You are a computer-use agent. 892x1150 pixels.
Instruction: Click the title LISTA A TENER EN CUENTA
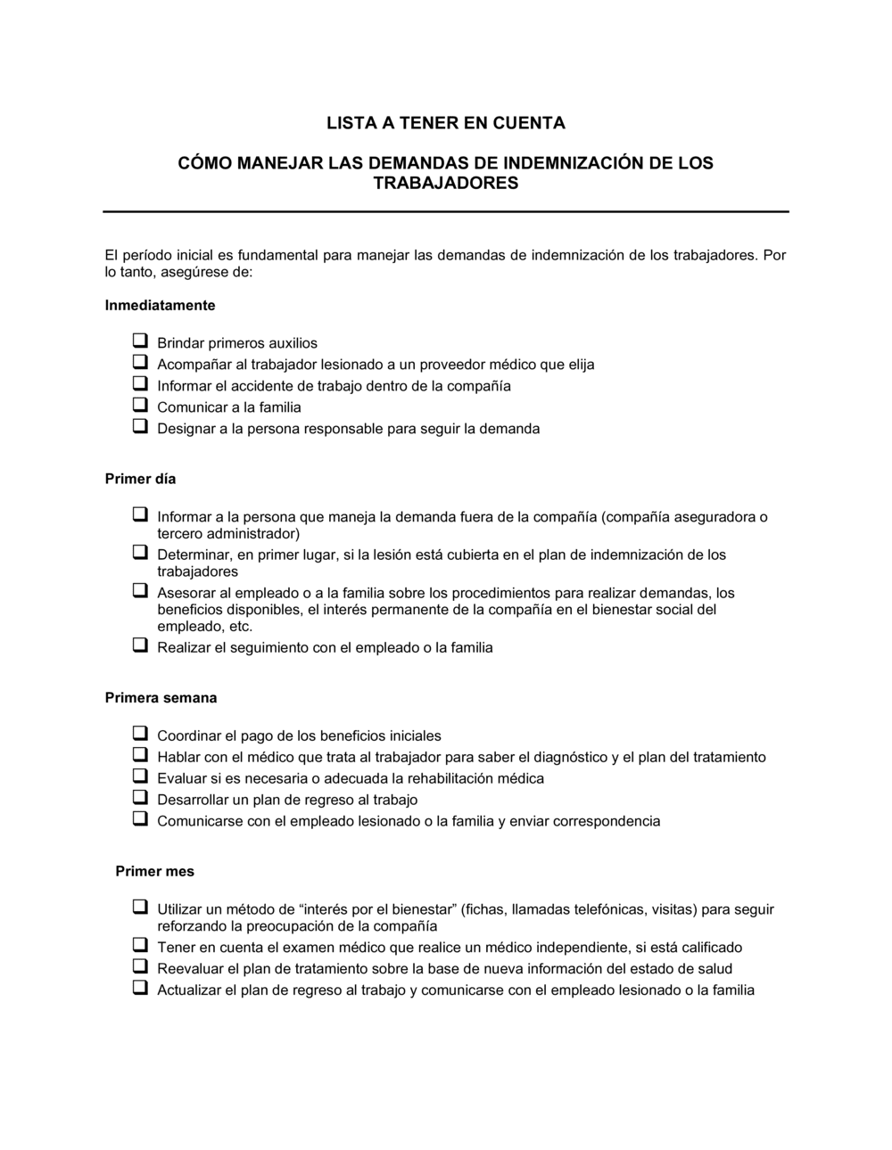pyautogui.click(x=445, y=123)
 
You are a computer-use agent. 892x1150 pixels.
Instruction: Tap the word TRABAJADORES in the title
pyautogui.click(x=445, y=184)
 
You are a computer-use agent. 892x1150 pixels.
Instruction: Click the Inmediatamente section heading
pyautogui.click(x=160, y=306)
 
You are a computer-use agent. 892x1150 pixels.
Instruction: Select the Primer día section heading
pyautogui.click(x=140, y=480)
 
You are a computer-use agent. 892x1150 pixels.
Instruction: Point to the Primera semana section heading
pyautogui.click(x=161, y=698)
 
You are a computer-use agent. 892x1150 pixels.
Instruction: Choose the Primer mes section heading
pyautogui.click(x=154, y=872)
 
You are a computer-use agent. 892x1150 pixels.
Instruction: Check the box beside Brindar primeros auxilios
pyautogui.click(x=140, y=341)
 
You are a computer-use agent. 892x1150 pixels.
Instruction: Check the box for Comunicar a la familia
pyautogui.click(x=140, y=406)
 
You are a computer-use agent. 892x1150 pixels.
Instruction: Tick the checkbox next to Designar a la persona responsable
pyautogui.click(x=140, y=427)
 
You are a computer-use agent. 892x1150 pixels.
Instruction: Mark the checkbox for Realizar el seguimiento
pyautogui.click(x=140, y=645)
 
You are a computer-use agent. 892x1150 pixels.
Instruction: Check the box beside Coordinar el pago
pyautogui.click(x=140, y=735)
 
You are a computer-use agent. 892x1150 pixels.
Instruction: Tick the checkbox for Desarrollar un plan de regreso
pyautogui.click(x=140, y=798)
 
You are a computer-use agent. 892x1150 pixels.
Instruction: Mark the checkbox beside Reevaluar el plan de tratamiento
pyautogui.click(x=140, y=967)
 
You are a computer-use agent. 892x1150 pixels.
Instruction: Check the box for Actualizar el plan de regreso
pyautogui.click(x=140, y=989)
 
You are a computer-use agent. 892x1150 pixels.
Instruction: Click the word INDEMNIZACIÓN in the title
pyautogui.click(x=558, y=164)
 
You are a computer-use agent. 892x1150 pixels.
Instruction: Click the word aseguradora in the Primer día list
pyautogui.click(x=711, y=517)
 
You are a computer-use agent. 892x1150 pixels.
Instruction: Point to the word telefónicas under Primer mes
pyautogui.click(x=607, y=910)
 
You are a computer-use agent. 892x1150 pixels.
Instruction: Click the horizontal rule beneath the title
pyautogui.click(x=445, y=212)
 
